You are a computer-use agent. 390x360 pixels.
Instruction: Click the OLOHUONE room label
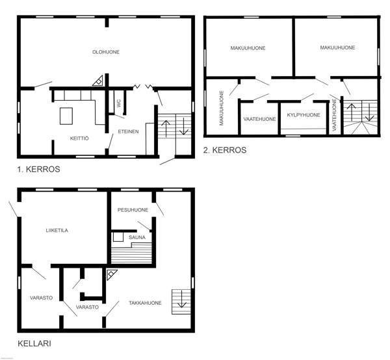(x=106, y=52)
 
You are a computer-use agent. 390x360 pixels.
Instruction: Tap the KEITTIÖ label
(x=79, y=138)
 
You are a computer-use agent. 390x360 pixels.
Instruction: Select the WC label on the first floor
(x=119, y=103)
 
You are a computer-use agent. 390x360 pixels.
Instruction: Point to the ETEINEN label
(x=128, y=131)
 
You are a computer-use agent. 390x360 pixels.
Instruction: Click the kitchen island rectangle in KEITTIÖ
(x=66, y=116)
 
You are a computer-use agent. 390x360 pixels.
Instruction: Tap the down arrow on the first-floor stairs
(x=184, y=126)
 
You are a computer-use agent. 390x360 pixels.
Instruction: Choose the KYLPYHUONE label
(x=304, y=115)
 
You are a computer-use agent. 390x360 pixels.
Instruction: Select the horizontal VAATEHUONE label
(x=259, y=119)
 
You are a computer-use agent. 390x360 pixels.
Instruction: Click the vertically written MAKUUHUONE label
(x=222, y=108)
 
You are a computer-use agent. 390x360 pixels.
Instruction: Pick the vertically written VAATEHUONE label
(x=334, y=115)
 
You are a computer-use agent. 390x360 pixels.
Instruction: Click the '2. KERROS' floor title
(x=225, y=150)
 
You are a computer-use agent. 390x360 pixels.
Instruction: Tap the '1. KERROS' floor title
(x=38, y=169)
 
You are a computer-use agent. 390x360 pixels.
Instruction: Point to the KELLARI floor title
(x=34, y=344)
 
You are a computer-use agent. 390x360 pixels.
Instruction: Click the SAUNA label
(x=137, y=237)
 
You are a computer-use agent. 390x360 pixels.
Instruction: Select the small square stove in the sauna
(x=118, y=237)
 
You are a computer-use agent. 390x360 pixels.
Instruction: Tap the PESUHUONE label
(x=133, y=210)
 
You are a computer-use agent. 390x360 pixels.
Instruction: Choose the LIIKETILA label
(x=57, y=231)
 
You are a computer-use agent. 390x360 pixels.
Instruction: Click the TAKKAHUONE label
(x=145, y=303)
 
